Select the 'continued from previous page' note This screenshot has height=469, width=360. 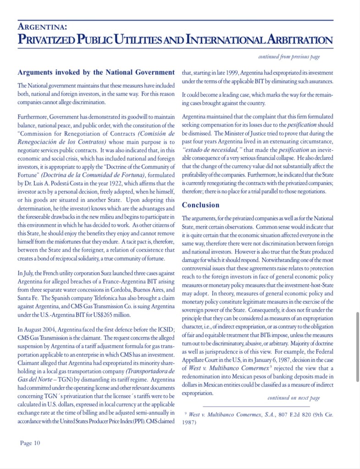click(x=289, y=57)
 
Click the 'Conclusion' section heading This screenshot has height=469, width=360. click(x=201, y=205)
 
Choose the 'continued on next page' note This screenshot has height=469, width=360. click(x=294, y=398)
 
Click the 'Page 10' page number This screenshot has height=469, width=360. click(x=30, y=442)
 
